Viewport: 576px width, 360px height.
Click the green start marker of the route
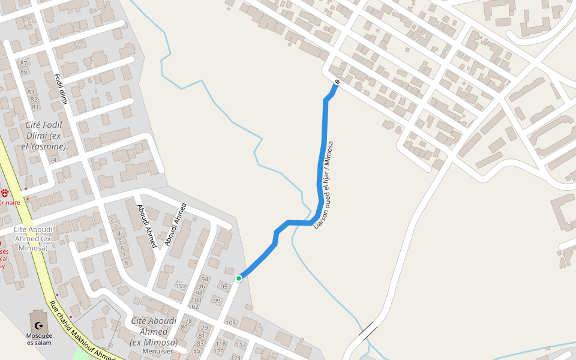click(239, 278)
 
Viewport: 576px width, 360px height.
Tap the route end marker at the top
click(337, 82)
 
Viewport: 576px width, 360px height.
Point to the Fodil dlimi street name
click(62, 89)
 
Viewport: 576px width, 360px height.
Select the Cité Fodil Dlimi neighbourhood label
click(45, 136)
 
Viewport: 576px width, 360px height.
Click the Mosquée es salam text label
click(39, 339)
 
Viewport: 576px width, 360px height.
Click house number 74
click(53, 160)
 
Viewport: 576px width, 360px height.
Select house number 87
click(24, 64)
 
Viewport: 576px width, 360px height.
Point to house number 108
click(230, 323)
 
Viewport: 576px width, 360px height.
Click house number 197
click(181, 286)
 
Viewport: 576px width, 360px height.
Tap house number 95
click(224, 287)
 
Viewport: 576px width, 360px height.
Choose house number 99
click(217, 301)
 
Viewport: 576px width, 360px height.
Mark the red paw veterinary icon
click(5, 193)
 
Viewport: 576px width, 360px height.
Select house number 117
click(241, 345)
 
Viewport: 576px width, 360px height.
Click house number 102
click(193, 307)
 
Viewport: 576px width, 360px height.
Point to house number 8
click(125, 263)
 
